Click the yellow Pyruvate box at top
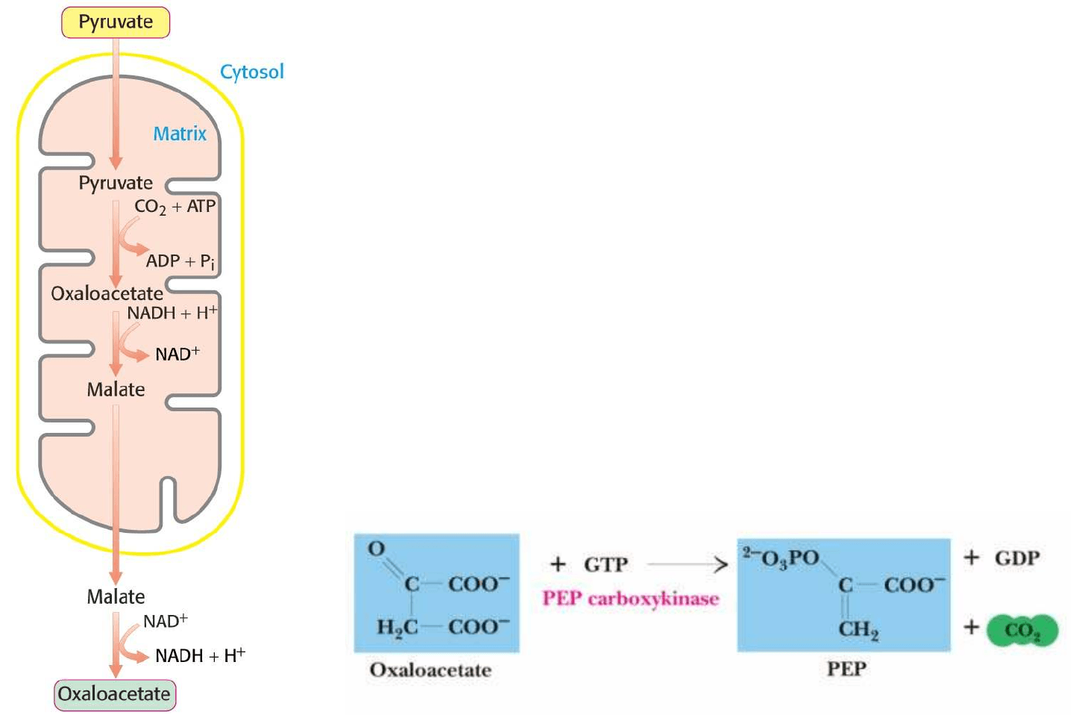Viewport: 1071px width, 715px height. click(116, 22)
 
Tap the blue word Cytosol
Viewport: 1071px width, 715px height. click(251, 72)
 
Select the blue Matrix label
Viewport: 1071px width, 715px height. click(180, 134)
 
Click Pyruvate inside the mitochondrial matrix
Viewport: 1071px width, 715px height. click(116, 183)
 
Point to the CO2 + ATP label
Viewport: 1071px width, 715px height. click(175, 207)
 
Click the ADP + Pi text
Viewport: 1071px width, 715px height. click(180, 261)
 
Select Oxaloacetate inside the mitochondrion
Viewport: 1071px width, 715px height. click(107, 293)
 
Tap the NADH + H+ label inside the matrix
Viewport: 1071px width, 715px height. click(172, 313)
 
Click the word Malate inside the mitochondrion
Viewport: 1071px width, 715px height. click(116, 390)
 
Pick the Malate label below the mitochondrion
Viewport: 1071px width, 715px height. click(116, 597)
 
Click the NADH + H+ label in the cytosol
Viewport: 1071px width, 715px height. click(200, 655)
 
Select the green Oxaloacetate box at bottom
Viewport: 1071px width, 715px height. click(115, 694)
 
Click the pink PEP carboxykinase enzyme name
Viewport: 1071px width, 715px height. click(630, 599)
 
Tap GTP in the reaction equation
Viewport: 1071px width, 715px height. click(606, 565)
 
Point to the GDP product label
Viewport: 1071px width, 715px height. click(1017, 558)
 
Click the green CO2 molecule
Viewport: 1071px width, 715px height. click(1022, 631)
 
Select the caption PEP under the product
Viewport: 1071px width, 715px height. click(846, 669)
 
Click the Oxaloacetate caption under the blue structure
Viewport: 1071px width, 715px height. click(430, 670)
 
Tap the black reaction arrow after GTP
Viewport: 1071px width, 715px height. click(686, 565)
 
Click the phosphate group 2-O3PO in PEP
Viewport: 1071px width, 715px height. click(781, 558)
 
